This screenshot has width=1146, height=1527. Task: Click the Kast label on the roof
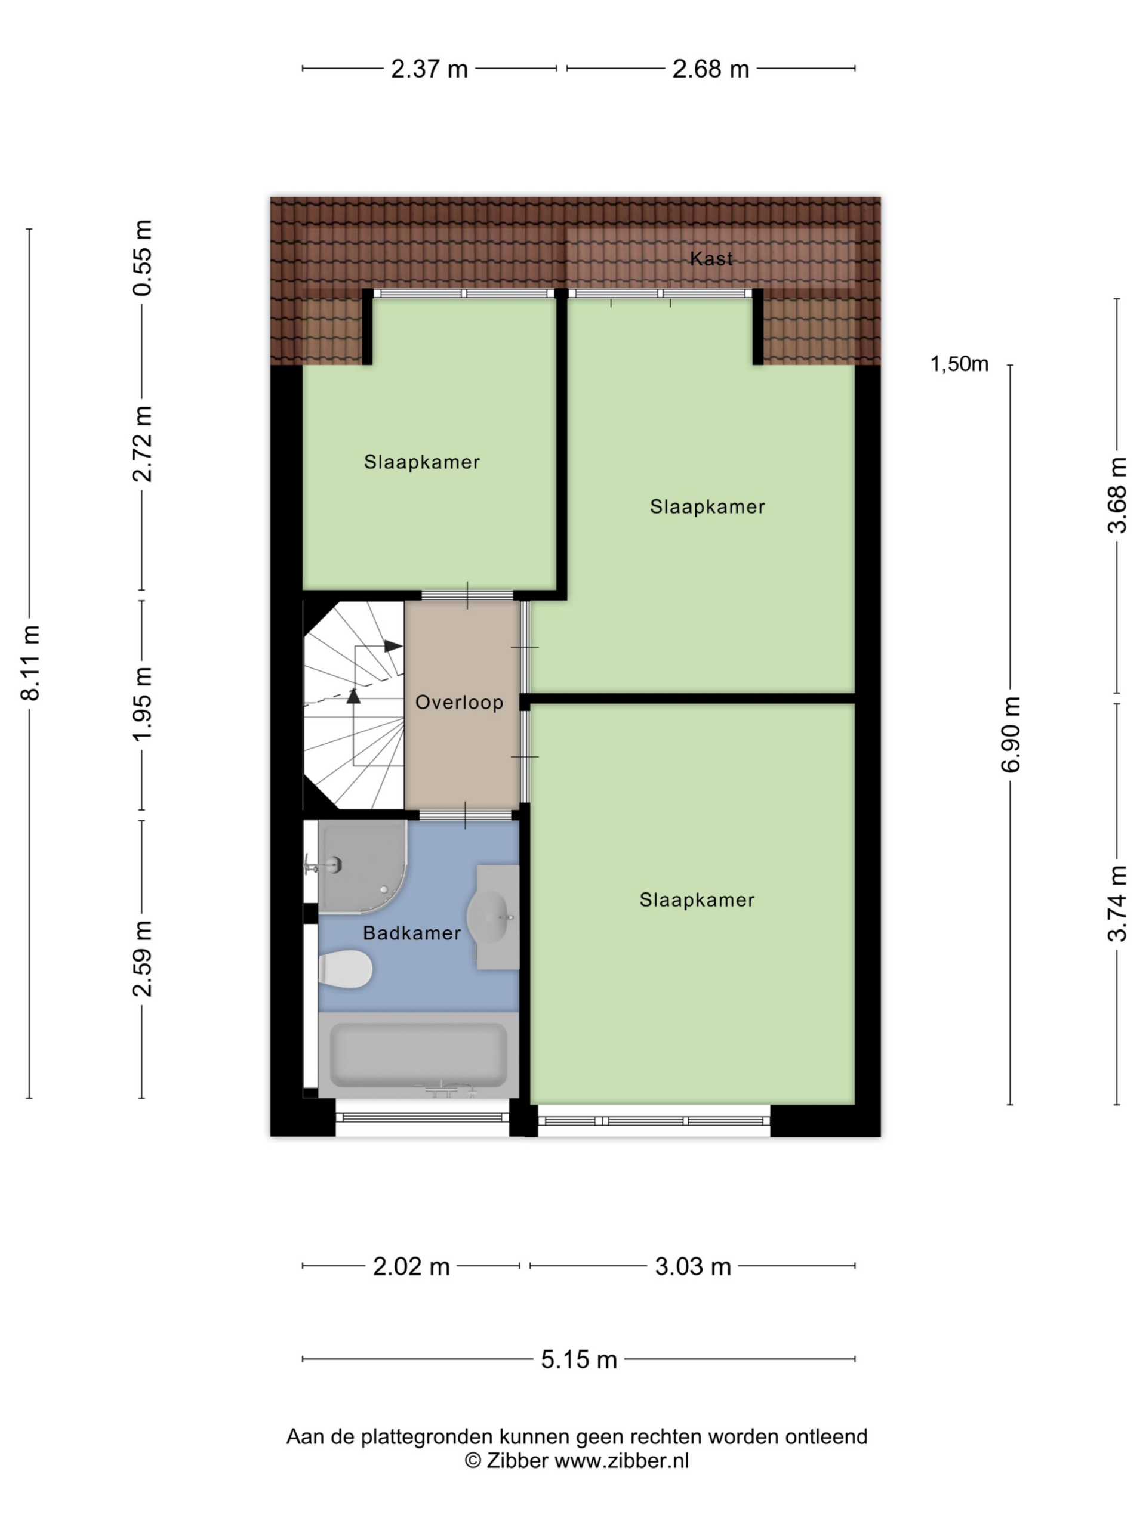coord(711,258)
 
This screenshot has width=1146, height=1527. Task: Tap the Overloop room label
coord(458,702)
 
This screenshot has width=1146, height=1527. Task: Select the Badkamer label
coord(412,933)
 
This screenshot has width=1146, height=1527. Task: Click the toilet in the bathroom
coord(346,969)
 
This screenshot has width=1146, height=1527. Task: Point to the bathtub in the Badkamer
coord(418,1055)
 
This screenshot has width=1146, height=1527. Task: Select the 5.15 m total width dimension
coord(579,1359)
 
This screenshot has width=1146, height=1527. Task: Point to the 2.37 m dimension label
coord(429,69)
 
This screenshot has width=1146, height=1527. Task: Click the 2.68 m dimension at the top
coord(711,69)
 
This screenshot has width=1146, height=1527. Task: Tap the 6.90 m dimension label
coord(1011,734)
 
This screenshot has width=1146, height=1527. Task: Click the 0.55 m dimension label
coord(142,258)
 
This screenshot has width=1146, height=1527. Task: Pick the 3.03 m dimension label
coord(693,1267)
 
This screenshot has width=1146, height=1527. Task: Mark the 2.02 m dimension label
coord(411,1267)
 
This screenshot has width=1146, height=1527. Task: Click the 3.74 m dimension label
coord(1117,904)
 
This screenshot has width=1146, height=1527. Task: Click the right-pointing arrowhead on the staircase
coord(393,646)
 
